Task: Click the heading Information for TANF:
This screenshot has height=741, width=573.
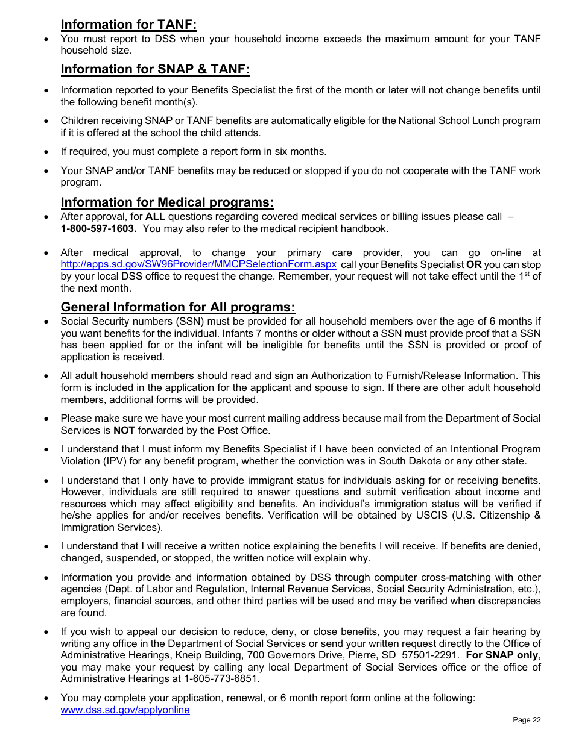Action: point(128,25)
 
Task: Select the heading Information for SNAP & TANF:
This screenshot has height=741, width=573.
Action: point(155,69)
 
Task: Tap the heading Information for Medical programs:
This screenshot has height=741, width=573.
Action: point(167,202)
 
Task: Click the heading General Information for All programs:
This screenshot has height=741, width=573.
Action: point(178,307)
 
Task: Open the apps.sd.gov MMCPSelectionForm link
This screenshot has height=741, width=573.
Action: point(198,264)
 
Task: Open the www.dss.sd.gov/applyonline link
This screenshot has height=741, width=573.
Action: point(125,710)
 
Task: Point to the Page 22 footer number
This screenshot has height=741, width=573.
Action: point(527,720)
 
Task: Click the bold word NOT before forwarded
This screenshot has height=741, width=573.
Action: point(124,430)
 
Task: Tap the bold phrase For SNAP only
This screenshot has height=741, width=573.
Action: point(502,655)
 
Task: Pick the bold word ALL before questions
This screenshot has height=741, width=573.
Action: point(155,217)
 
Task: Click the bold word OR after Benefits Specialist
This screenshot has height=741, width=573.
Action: point(473,264)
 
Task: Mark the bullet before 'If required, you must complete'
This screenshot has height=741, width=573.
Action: point(46,152)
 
